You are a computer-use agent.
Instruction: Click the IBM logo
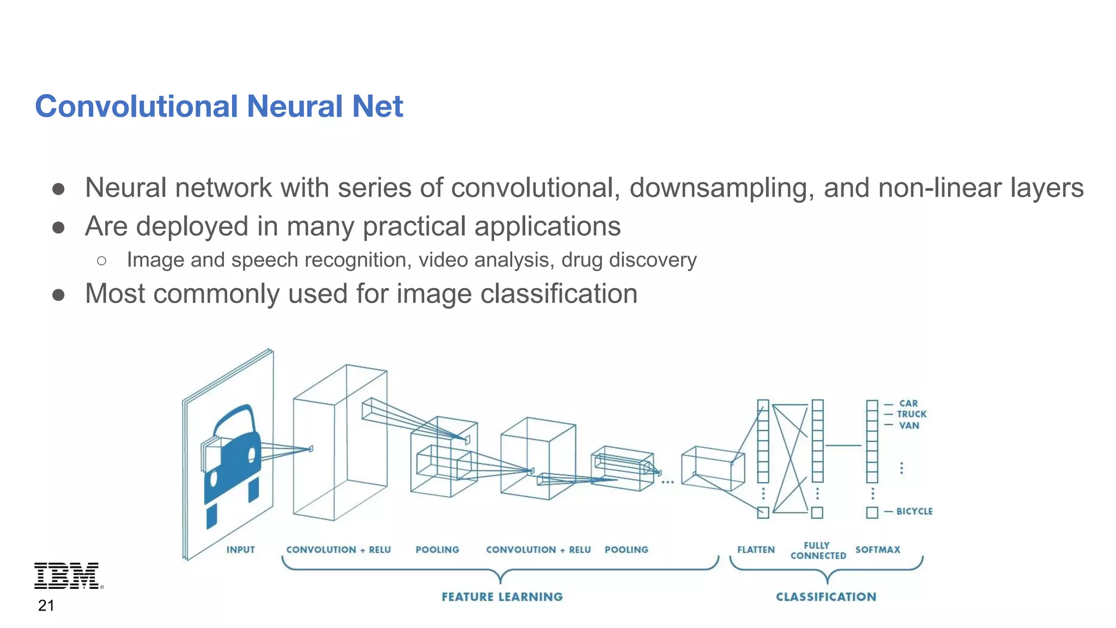[x=68, y=575]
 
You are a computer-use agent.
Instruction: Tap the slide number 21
[x=46, y=605]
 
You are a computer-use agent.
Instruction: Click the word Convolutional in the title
[x=136, y=106]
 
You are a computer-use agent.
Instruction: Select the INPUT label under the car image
[x=240, y=549]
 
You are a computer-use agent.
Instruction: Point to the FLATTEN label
[x=756, y=549]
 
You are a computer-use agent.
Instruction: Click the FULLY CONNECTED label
[x=818, y=550]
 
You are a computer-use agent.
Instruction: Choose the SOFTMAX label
[x=877, y=549]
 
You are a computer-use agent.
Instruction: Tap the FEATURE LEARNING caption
[x=502, y=596]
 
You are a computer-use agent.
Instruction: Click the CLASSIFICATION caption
[x=826, y=596]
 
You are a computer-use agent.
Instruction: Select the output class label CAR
[x=908, y=403]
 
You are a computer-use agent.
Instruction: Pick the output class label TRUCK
[x=912, y=414]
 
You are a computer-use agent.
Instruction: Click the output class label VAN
[x=909, y=425]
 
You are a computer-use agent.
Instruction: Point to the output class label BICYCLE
[x=914, y=511]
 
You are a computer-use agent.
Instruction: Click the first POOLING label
[x=437, y=549]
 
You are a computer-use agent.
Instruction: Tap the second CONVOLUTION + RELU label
[x=538, y=549]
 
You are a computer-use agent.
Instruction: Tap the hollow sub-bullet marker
[x=101, y=261]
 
